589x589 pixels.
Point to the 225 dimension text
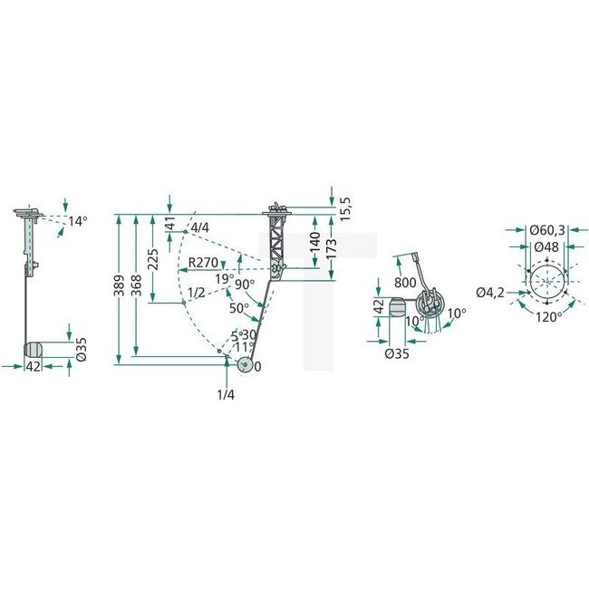[x=155, y=260]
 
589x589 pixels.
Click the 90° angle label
[x=244, y=284]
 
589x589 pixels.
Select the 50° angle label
[x=238, y=308]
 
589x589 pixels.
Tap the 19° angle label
[x=225, y=278]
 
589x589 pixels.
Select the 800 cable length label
[x=405, y=283]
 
